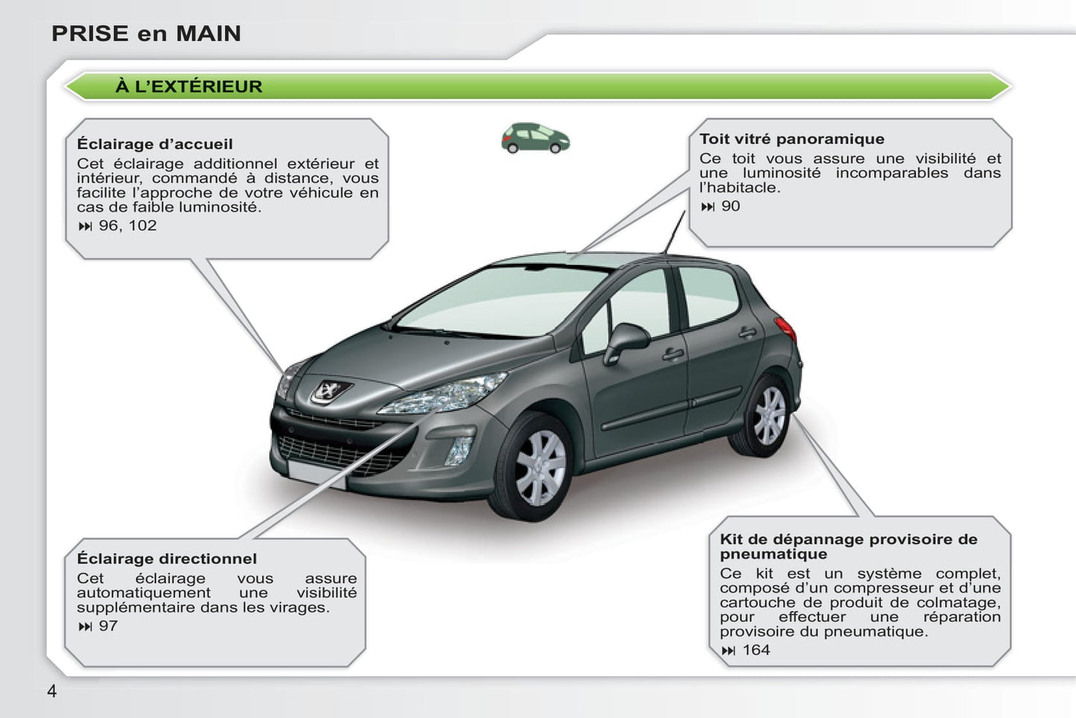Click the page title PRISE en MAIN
pyautogui.click(x=146, y=34)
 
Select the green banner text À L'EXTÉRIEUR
pyautogui.click(x=188, y=86)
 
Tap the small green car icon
pyautogui.click(x=535, y=139)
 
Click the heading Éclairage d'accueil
pyautogui.click(x=155, y=144)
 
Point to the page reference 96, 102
pyautogui.click(x=127, y=226)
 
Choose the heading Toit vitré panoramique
pyautogui.click(x=792, y=139)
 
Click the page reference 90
pyautogui.click(x=730, y=206)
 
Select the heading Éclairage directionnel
pyautogui.click(x=167, y=559)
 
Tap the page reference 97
pyautogui.click(x=108, y=626)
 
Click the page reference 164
pyautogui.click(x=756, y=650)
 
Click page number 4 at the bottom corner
pyautogui.click(x=51, y=691)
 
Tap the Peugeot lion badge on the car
pyautogui.click(x=328, y=390)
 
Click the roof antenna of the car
pyautogui.click(x=675, y=232)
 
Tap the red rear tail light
pyautogui.click(x=786, y=328)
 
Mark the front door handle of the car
pyautogui.click(x=673, y=353)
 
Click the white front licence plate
pyautogui.click(x=316, y=474)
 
